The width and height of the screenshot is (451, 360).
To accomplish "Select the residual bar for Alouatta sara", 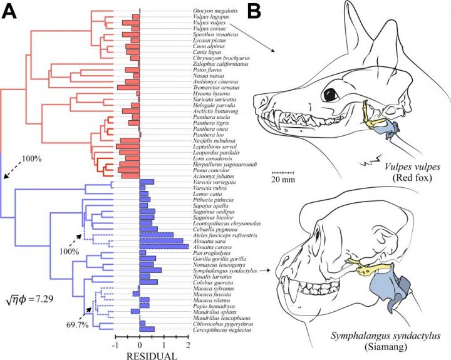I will [x=161, y=240].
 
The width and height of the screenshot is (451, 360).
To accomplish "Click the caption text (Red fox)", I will [x=409, y=180].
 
